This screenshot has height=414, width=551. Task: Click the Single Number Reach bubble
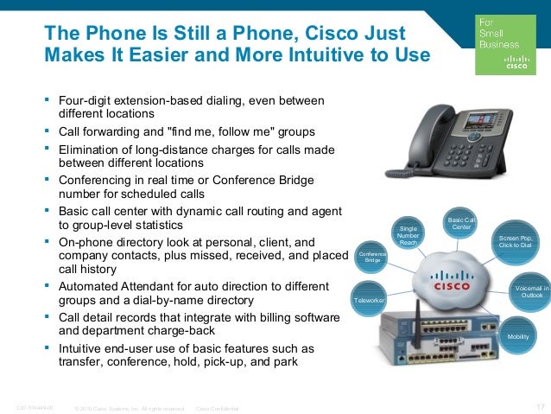[x=408, y=232]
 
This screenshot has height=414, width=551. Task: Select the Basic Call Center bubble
[x=461, y=225]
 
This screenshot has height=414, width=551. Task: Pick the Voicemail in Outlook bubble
[x=526, y=290]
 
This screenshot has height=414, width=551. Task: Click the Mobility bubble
[x=518, y=335]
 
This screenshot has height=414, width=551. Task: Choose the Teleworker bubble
[x=369, y=299]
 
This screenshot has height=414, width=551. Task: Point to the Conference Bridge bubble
[x=372, y=256]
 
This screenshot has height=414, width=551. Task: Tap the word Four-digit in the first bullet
[x=85, y=101]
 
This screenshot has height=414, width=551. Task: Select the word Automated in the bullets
[x=91, y=285]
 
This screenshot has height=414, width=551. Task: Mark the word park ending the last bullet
[x=283, y=362]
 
